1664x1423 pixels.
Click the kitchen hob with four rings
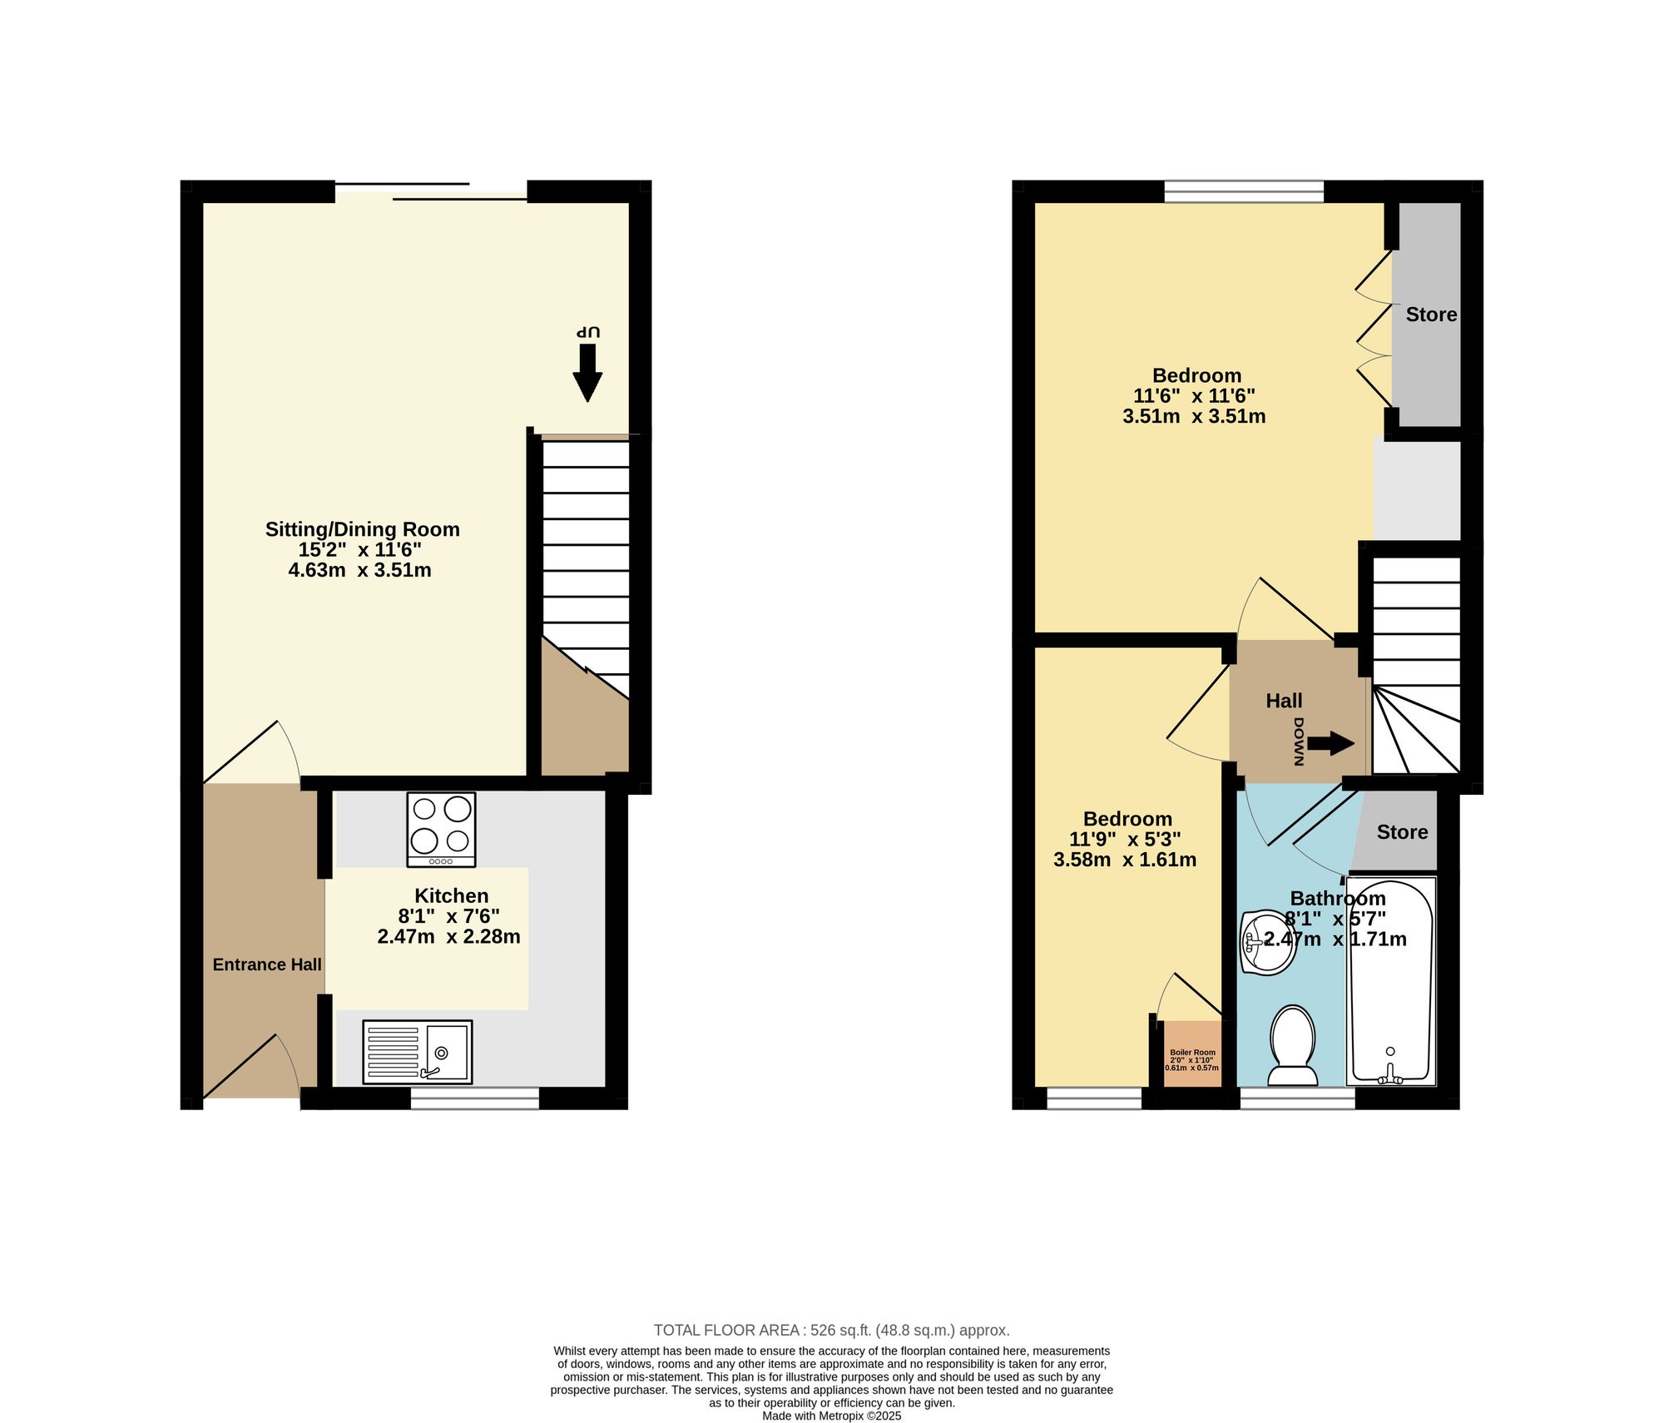pos(441,829)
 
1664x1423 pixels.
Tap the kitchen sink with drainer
pos(418,1052)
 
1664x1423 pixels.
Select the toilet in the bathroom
pos(1293,1046)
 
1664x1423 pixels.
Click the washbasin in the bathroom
pos(1267,942)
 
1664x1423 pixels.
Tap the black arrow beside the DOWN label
pos(1331,743)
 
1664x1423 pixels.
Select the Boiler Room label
pos(1192,1053)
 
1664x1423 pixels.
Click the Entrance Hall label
pos(267,964)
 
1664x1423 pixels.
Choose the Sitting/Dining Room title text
pos(363,529)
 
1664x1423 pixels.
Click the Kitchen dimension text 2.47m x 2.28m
pos(449,937)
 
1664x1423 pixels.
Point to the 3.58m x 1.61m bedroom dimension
pos(1125,860)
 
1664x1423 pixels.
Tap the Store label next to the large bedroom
pos(1431,315)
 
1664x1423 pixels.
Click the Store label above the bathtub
pos(1402,832)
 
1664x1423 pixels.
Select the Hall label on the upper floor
pos(1284,701)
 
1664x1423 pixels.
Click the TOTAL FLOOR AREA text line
pos(832,1331)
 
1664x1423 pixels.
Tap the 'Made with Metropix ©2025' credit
pos(832,1416)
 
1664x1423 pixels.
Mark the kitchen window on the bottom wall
pos(475,1098)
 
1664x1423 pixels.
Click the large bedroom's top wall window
pos(1244,192)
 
